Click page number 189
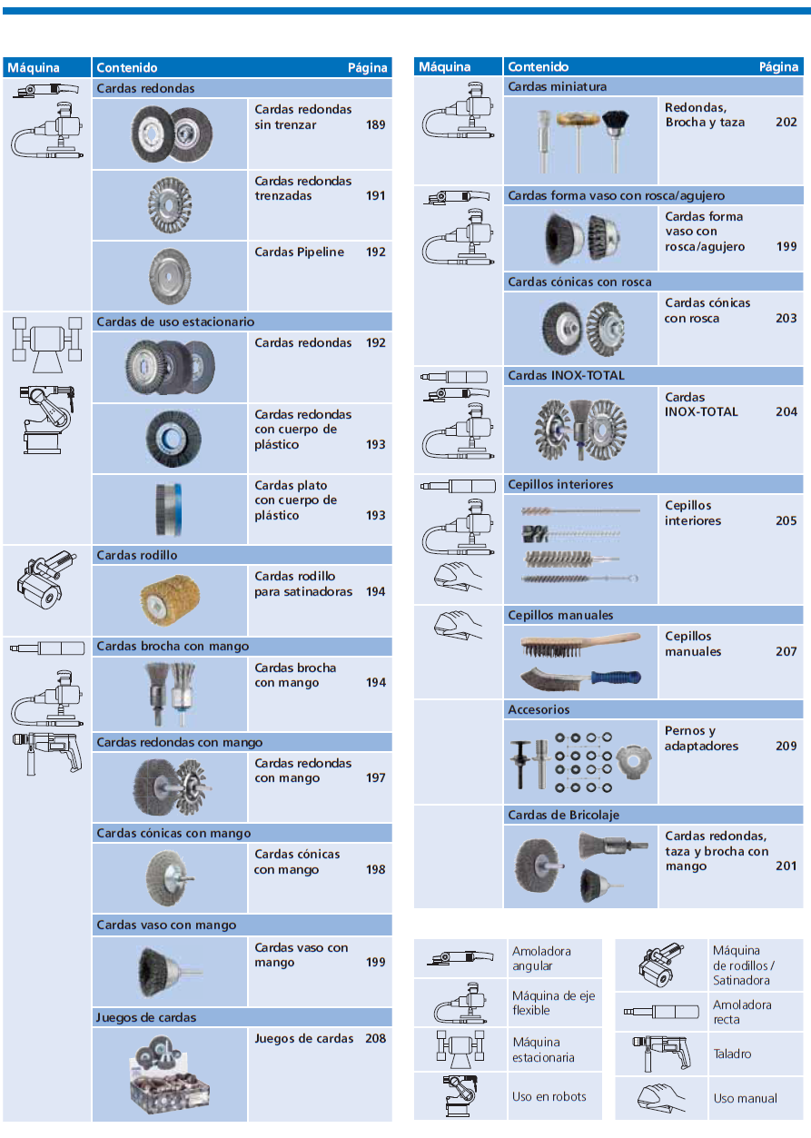click(375, 124)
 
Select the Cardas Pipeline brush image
click(170, 274)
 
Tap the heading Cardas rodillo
click(137, 555)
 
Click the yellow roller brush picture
click(170, 599)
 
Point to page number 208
click(375, 1038)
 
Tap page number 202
click(786, 122)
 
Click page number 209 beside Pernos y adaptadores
click(786, 746)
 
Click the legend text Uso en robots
click(549, 1096)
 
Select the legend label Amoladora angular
click(541, 958)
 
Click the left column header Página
click(368, 67)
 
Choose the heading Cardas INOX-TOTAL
click(567, 375)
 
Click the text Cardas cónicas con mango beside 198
click(298, 862)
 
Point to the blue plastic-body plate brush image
click(170, 509)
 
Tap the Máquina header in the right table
click(445, 66)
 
